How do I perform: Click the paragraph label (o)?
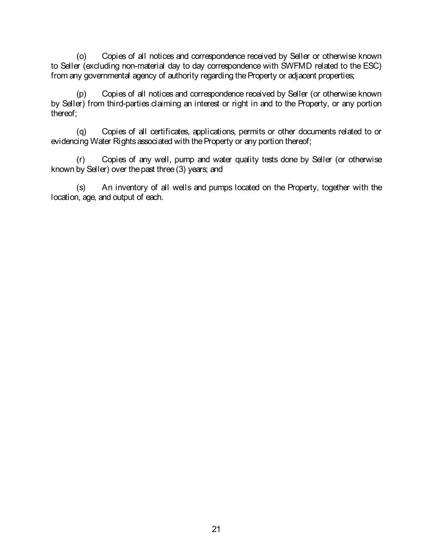point(81,56)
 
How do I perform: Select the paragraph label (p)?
point(81,94)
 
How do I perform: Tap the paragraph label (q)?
point(81,131)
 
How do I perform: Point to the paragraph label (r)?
point(81,159)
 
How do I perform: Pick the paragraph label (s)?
point(81,188)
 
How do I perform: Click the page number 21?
point(216,529)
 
